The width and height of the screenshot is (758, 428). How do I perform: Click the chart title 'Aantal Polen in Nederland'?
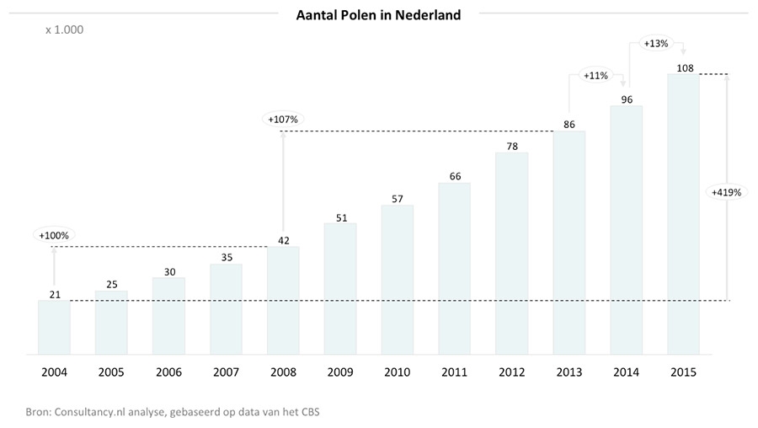coord(378,15)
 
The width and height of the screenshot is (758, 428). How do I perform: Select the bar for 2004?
coord(54,328)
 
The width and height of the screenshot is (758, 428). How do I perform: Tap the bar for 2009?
coord(340,289)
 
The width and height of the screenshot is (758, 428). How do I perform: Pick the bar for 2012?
coord(512,254)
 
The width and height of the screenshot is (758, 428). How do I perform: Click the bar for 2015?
coord(684,214)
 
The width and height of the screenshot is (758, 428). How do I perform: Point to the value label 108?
coord(685,68)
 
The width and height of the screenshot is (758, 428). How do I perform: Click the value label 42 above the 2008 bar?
coord(284,240)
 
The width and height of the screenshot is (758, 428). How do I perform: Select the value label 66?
coord(455,177)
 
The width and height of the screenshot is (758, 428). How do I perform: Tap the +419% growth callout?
coord(726,192)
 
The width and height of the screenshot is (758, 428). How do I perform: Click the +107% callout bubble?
coord(283,119)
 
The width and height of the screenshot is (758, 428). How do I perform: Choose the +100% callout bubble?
coord(54,236)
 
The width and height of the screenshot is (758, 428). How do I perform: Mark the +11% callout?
coord(595,76)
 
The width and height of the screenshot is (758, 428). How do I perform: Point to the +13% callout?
coord(656,44)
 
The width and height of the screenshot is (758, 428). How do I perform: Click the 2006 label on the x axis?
coord(168,372)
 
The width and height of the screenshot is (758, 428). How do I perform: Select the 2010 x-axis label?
coord(398,372)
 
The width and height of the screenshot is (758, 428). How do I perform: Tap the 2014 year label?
coord(626,372)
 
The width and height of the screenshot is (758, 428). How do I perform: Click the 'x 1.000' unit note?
coord(64,30)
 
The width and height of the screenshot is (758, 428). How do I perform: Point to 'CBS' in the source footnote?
coord(310,412)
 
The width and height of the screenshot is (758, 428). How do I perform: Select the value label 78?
coord(512,147)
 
